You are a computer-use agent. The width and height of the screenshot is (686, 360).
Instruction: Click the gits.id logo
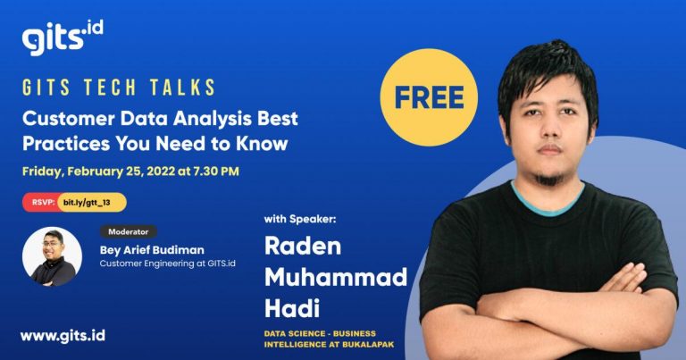(x=63, y=38)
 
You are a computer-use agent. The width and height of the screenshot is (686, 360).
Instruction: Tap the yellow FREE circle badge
(x=429, y=97)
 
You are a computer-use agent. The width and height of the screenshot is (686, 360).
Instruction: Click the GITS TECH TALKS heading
(x=119, y=88)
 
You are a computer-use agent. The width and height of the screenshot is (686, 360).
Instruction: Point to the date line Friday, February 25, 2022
(x=130, y=171)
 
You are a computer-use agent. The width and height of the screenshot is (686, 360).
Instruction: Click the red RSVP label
(x=43, y=203)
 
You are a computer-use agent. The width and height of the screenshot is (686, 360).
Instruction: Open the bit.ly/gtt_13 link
(x=87, y=203)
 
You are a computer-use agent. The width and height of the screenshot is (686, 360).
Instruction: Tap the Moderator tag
(x=129, y=232)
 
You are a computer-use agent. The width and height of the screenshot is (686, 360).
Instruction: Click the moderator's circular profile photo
(x=52, y=256)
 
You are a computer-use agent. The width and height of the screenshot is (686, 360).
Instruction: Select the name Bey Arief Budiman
(x=152, y=250)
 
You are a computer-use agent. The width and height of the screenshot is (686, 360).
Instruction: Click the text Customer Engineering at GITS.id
(x=168, y=264)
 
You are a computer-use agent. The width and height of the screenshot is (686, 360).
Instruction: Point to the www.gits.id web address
(x=63, y=336)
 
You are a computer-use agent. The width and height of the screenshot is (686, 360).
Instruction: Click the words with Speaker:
(x=300, y=219)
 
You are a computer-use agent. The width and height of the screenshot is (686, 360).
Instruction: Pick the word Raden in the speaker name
(x=303, y=246)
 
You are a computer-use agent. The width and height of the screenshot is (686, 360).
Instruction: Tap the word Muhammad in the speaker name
(x=336, y=277)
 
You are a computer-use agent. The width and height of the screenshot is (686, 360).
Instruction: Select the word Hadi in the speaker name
(x=292, y=308)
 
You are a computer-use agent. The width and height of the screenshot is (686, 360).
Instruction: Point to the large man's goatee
(x=549, y=179)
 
